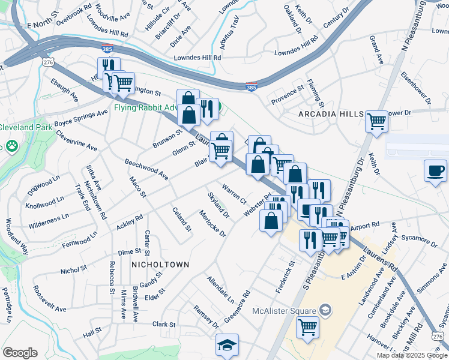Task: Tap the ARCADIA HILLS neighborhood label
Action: point(331,114)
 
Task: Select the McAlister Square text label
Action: point(284,310)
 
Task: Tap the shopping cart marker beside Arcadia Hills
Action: point(377,121)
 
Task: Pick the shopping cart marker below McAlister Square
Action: point(307,328)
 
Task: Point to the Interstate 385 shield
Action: point(252,88)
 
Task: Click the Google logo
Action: point(20,353)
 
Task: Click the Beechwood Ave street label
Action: point(146,169)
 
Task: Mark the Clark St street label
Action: point(163,324)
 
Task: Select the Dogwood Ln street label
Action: point(44,186)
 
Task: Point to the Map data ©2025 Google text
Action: point(412,355)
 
